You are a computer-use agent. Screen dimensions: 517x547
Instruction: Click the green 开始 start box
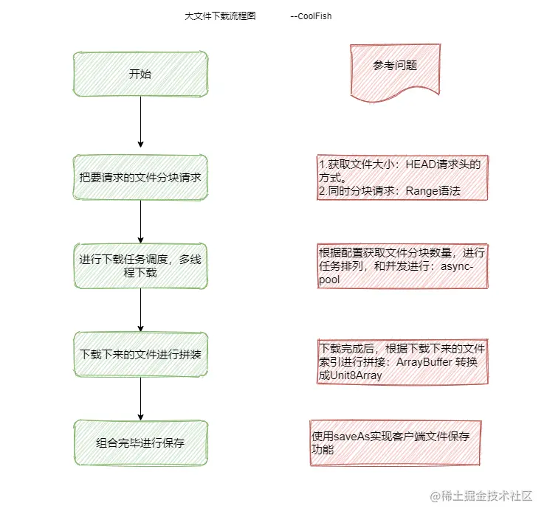point(140,74)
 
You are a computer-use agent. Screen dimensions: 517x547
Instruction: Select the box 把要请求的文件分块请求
point(140,178)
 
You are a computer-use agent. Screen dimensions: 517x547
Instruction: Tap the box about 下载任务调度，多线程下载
point(140,266)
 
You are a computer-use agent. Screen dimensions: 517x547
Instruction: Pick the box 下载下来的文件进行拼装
point(140,354)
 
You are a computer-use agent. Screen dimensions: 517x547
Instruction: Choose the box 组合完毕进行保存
point(140,443)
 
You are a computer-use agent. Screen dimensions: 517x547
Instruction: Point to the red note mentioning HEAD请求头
point(403,177)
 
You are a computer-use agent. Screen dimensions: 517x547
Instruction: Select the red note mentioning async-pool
point(403,266)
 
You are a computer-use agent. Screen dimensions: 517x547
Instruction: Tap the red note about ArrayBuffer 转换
point(403,361)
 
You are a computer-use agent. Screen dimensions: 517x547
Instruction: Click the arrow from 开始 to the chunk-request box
point(140,122)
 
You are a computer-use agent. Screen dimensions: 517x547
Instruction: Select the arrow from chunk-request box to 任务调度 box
point(140,221)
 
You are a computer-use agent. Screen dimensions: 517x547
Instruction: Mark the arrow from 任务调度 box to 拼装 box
point(140,310)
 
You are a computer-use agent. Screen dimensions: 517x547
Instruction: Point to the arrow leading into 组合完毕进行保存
point(140,398)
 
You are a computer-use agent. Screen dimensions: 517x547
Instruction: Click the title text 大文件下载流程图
point(220,15)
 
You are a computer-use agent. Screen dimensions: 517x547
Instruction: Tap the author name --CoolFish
point(311,15)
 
